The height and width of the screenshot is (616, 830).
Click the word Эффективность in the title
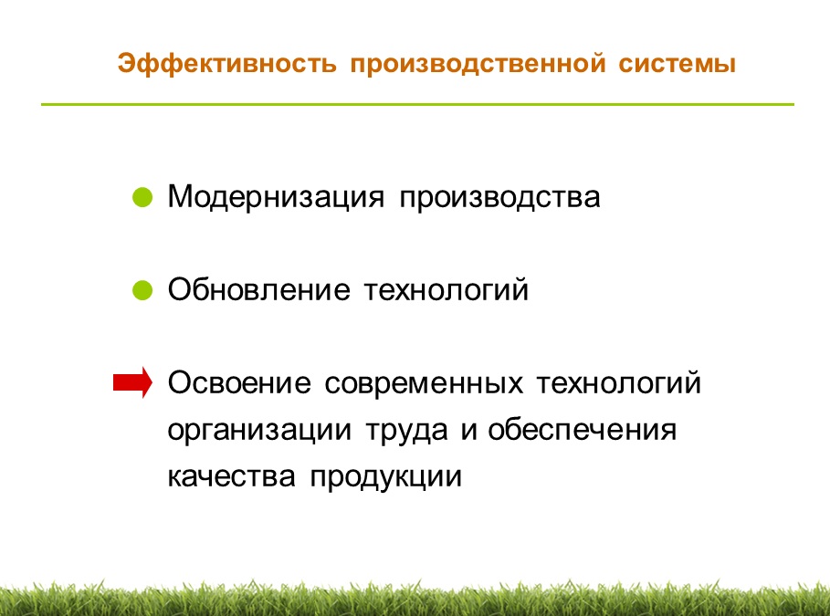pos(227,64)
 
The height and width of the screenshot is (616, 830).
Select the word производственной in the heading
pos(478,64)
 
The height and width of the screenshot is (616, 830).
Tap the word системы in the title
pos(677,64)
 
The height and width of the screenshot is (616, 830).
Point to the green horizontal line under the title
pos(417,104)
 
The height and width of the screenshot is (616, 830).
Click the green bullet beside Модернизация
pos(142,197)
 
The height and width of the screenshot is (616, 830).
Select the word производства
pos(499,198)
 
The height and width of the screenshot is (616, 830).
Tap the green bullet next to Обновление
pos(142,290)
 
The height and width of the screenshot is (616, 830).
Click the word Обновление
pos(258,289)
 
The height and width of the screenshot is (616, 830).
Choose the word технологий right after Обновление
pos(447,290)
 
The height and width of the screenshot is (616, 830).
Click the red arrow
pos(133,382)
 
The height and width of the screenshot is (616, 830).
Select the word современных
pos(424,383)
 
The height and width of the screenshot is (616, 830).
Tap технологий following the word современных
pos(619,382)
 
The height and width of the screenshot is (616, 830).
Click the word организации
pos(259,430)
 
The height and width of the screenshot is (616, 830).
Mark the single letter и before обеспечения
pos(468,430)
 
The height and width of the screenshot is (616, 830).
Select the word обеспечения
pos(583,430)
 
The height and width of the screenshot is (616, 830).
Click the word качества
pos(231,476)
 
